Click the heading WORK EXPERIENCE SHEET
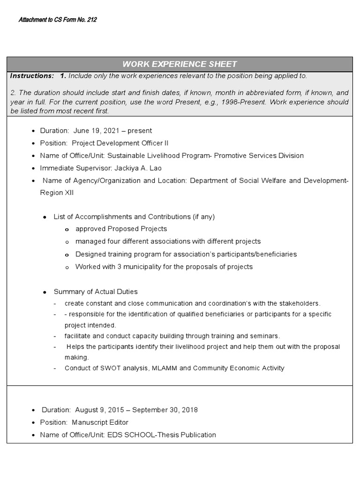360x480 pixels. [180, 64]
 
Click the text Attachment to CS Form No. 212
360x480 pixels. [58, 20]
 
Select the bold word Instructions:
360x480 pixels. [32, 76]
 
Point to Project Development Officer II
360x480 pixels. [120, 143]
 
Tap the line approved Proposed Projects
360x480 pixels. [121, 229]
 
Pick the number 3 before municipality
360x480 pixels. [120, 267]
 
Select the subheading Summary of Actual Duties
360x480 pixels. [96, 292]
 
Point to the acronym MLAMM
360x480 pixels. [165, 368]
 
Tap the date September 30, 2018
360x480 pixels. [165, 410]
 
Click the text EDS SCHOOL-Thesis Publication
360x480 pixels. [162, 435]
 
